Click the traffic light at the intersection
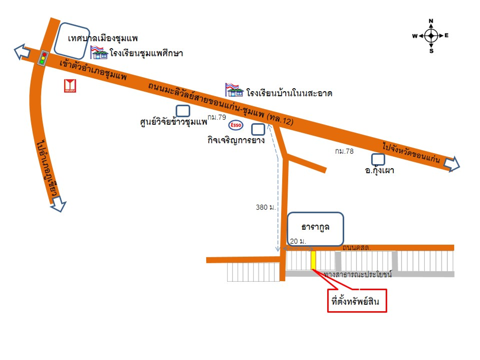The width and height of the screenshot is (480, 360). pyautogui.click(x=43, y=58)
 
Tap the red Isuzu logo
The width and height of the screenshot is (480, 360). pyautogui.click(x=70, y=86)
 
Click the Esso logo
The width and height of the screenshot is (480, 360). pyautogui.click(x=236, y=125)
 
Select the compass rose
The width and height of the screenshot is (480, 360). pyautogui.click(x=431, y=36)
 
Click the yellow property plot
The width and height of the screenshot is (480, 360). pyautogui.click(x=313, y=260)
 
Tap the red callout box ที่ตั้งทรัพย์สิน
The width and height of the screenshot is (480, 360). pyautogui.click(x=357, y=300)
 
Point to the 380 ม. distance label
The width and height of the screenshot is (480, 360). pyautogui.click(x=265, y=207)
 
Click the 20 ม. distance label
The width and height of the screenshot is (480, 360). pyautogui.click(x=298, y=241)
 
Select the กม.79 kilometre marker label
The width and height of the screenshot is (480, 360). pyautogui.click(x=217, y=117)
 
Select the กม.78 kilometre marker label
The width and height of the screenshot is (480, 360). pyautogui.click(x=344, y=151)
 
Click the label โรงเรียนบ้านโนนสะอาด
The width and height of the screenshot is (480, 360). pyautogui.click(x=289, y=93)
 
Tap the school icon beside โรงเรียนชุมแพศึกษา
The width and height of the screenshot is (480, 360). pyautogui.click(x=99, y=52)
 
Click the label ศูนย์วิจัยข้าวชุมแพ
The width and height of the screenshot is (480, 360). pyautogui.click(x=173, y=122)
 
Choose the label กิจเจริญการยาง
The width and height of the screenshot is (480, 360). pyautogui.click(x=236, y=140)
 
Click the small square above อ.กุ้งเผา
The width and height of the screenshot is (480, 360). pyautogui.click(x=378, y=159)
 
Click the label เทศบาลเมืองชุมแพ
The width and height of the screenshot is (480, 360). pyautogui.click(x=103, y=38)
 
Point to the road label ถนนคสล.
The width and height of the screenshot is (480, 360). pyautogui.click(x=356, y=247)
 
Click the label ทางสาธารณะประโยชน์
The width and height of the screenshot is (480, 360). pyautogui.click(x=358, y=274)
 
